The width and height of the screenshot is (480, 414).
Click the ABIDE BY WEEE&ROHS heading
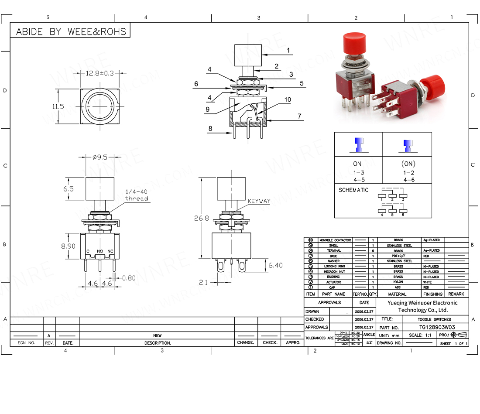point(71,31)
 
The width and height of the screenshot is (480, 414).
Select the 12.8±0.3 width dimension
point(99,73)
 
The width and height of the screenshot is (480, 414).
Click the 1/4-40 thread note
point(137,195)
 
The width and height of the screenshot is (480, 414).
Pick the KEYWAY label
point(259,201)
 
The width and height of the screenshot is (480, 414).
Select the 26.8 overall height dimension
point(201,218)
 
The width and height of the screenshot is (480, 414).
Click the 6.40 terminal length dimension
point(275,265)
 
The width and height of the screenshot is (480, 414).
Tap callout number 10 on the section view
point(288,99)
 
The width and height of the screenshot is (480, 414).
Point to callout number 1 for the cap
point(288,50)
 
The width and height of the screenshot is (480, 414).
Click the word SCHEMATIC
point(353,190)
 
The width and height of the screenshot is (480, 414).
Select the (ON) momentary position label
point(408,164)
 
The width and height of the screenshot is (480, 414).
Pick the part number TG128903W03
point(434,327)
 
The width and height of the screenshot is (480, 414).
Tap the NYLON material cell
point(398,282)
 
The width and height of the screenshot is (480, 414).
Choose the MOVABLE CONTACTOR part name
point(335,240)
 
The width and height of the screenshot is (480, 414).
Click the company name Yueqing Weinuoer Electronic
point(423,303)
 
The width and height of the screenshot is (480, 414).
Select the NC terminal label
point(111,251)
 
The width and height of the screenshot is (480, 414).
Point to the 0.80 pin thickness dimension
point(129,277)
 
